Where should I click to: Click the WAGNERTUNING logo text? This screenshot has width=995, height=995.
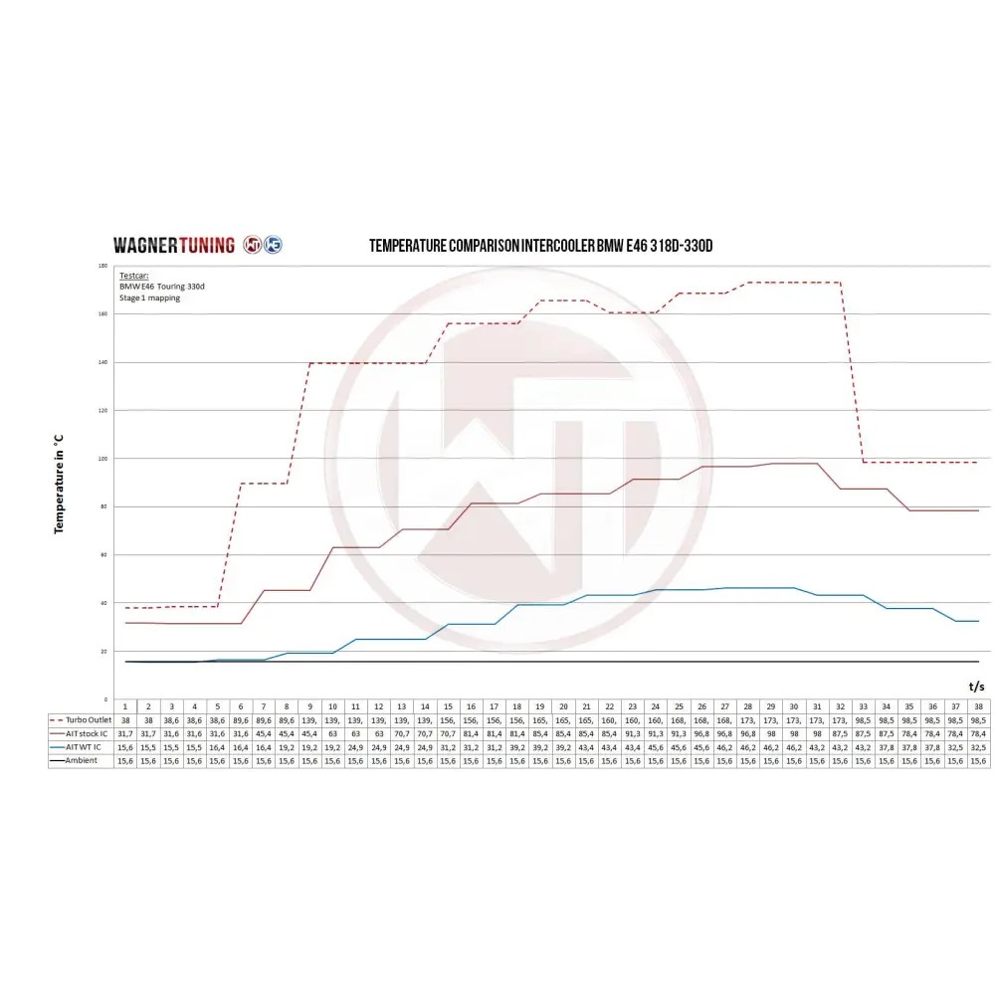coord(173,245)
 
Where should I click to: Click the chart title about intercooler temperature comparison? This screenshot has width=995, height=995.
coord(540,246)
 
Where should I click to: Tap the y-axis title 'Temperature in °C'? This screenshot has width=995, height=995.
coord(59,483)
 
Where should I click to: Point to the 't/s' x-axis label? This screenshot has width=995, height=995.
coord(976,686)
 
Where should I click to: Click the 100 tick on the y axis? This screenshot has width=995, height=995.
coord(102,459)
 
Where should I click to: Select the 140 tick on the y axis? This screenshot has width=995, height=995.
coord(102,362)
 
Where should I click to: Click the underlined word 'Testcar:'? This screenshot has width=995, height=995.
coord(132,274)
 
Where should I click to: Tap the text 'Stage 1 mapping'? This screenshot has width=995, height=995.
coord(149,298)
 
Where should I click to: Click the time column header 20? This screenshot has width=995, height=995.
coord(563,704)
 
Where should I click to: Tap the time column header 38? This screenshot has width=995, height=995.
coord(978,704)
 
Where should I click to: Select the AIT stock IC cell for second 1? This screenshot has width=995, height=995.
coord(125,732)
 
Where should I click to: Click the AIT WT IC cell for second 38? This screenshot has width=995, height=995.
coord(978,746)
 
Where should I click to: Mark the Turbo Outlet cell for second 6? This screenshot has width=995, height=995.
coord(241,718)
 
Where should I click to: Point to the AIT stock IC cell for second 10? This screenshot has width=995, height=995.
coord(333,732)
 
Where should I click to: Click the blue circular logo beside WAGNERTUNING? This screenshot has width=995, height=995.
coord(273,245)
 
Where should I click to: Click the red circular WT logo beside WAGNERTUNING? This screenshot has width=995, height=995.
coord(252,245)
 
